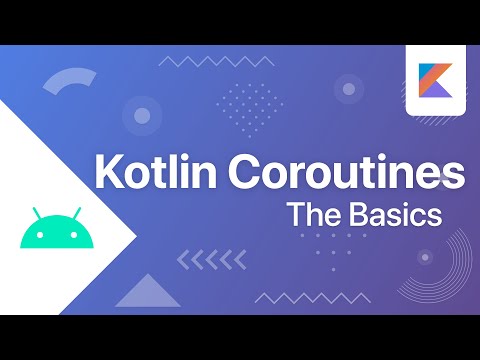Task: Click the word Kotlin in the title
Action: point(153,174)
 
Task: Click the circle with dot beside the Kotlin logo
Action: point(349,90)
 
